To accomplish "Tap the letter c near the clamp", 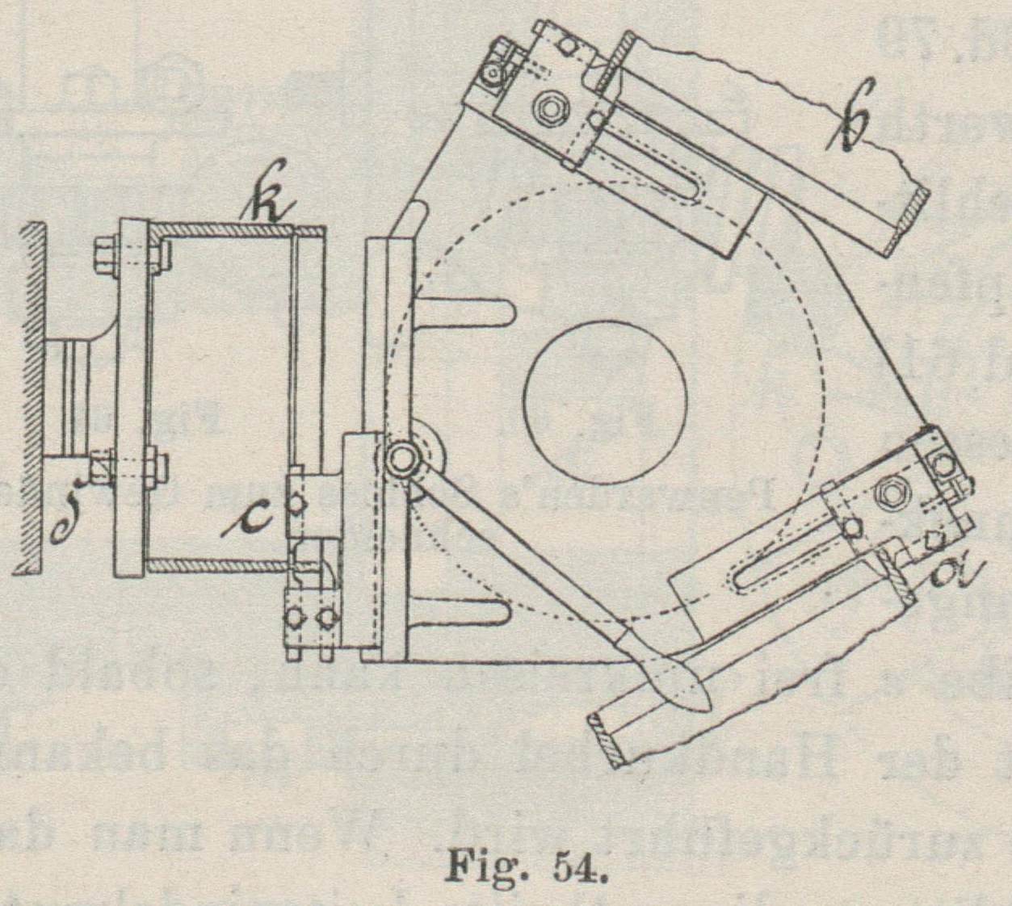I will tap(256, 522).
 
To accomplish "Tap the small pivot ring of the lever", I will tap(400, 459).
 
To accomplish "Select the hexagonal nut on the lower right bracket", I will tap(891, 489).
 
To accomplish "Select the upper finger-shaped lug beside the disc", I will tap(464, 312).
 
